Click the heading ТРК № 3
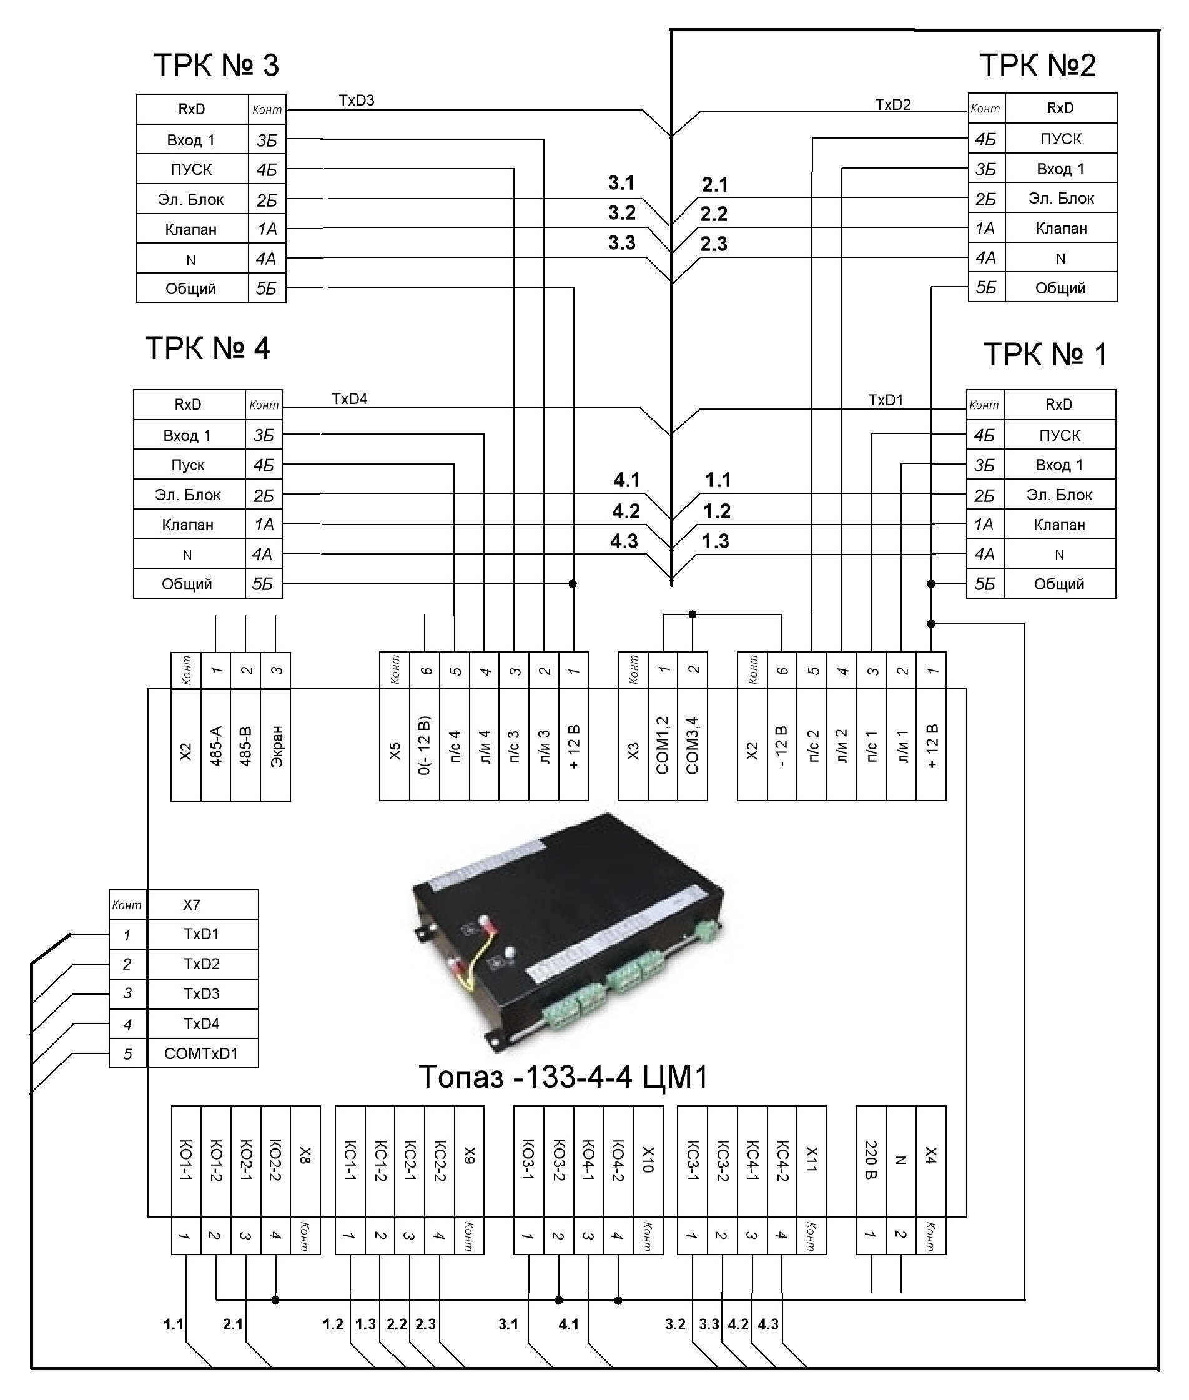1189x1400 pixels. [216, 66]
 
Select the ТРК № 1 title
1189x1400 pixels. [1045, 354]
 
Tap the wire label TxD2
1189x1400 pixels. [893, 104]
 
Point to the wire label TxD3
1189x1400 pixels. [357, 101]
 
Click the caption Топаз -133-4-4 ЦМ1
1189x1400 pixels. [563, 1077]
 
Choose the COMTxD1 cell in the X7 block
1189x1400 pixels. [202, 1053]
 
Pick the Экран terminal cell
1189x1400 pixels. [275, 746]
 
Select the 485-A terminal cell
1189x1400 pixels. [215, 746]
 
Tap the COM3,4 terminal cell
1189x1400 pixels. [693, 746]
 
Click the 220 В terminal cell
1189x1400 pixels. [871, 1161]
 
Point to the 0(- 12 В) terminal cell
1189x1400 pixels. [425, 746]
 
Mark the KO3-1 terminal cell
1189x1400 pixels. [528, 1161]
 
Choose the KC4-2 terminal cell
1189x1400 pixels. [782, 1161]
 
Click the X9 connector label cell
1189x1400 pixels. [470, 1161]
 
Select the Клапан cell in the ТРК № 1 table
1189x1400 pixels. [1060, 525]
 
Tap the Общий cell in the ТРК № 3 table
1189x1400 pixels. [192, 289]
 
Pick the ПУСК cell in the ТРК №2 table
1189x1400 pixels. [1061, 139]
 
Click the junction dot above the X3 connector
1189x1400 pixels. [693, 614]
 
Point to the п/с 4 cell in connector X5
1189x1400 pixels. [454, 746]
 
